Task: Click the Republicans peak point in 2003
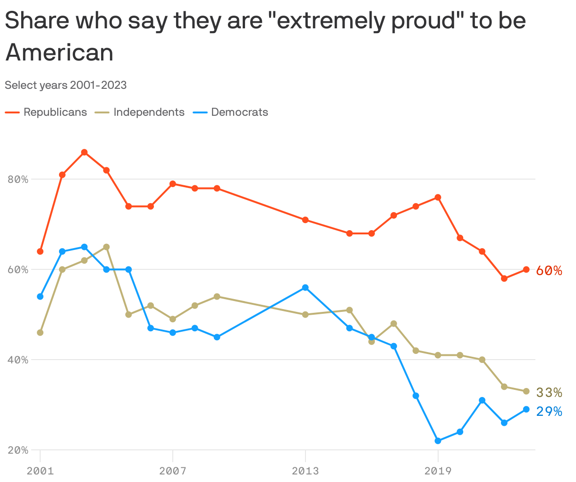(x=84, y=152)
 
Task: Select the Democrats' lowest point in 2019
(x=438, y=441)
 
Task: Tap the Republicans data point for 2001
(x=40, y=251)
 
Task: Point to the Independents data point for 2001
(x=40, y=333)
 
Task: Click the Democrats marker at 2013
(x=305, y=288)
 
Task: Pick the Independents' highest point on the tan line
(x=106, y=247)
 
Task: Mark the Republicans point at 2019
(x=438, y=197)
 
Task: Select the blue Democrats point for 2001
(x=40, y=297)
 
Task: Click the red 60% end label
(x=549, y=271)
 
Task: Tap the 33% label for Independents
(x=549, y=393)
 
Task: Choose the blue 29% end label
(x=549, y=412)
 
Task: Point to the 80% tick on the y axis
(x=18, y=180)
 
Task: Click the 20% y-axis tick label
(x=18, y=450)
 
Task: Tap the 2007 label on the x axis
(x=173, y=471)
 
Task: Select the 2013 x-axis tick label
(x=305, y=471)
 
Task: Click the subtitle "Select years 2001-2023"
(x=66, y=85)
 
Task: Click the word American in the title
(x=59, y=52)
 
